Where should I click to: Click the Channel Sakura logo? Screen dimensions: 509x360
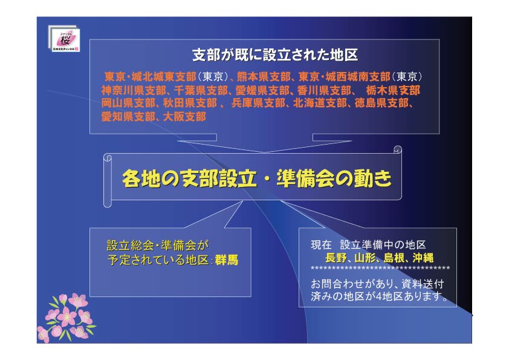[64, 38]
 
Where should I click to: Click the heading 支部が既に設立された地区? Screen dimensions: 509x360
[275, 55]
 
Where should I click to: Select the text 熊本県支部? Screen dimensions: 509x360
[263, 77]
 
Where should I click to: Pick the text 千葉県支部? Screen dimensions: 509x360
[201, 90]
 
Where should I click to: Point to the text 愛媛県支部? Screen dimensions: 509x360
[262, 90]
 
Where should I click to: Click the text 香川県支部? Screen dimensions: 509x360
[324, 90]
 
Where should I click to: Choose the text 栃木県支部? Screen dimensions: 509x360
[393, 90]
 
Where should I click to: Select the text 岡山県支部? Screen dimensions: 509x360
[128, 103]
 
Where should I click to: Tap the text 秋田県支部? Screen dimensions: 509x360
[190, 103]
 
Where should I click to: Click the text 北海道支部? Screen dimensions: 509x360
[320, 103]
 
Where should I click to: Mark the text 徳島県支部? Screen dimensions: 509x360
[381, 103]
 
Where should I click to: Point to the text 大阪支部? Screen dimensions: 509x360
[184, 116]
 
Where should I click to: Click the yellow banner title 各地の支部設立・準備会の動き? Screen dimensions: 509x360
[257, 178]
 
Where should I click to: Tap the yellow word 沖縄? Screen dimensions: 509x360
[423, 258]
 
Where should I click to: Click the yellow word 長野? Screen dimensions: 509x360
[336, 258]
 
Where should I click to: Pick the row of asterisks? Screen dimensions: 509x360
[380, 269]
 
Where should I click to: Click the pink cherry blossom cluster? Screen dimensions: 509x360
[66, 318]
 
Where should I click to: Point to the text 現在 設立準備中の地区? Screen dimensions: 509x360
[368, 244]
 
